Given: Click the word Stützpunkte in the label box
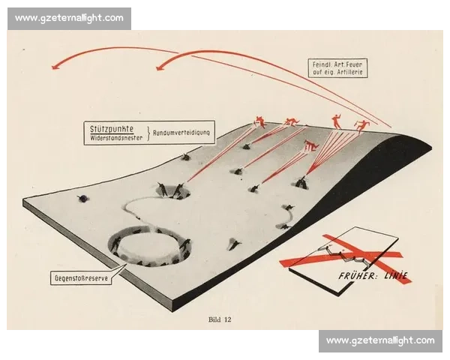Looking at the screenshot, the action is click(112, 129).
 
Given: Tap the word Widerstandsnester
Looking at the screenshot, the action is click(116, 138).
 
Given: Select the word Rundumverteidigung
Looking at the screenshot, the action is click(181, 133).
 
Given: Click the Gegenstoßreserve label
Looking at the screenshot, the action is click(81, 278).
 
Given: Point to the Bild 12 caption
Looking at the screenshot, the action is click(220, 319).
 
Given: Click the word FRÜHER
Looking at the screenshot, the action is click(357, 276).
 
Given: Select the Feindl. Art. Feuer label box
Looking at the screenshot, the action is click(337, 68).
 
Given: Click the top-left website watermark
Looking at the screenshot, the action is click(69, 18).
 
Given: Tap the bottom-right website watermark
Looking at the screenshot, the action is click(380, 340).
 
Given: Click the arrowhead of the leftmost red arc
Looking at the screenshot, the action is click(55, 67).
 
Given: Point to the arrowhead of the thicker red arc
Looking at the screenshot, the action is click(160, 67).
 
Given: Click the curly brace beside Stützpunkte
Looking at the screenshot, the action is click(148, 133).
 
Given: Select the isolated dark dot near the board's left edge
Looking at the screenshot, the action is click(83, 198).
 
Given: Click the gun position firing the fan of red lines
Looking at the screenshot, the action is click(301, 182).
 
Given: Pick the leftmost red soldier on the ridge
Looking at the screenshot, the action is click(260, 121).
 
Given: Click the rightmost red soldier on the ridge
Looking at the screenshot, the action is click(361, 126).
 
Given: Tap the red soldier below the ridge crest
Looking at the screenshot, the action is click(311, 145).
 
